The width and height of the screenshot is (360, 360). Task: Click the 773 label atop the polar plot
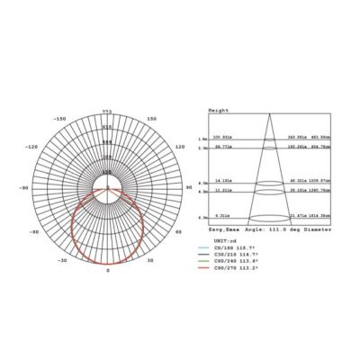(107, 111)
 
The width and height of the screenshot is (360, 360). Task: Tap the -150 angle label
(60, 119)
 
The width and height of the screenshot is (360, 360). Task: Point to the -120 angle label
(31, 147)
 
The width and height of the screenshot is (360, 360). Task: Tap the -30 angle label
(62, 260)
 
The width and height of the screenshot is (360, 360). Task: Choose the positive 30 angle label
(150, 260)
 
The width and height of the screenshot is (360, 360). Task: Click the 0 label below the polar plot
(107, 269)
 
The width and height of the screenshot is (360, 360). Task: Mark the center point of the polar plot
(107, 190)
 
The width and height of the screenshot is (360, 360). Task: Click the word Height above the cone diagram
(218, 109)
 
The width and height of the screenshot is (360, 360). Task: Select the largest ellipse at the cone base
(266, 218)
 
